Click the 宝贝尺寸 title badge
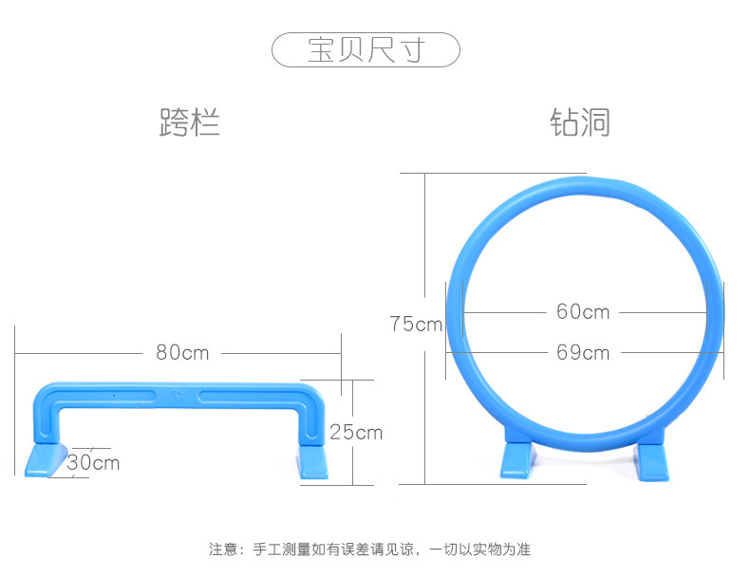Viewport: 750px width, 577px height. click(x=366, y=49)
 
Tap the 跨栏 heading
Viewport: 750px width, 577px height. click(x=189, y=123)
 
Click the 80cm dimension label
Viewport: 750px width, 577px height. click(x=182, y=352)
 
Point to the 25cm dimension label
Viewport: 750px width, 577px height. click(x=356, y=432)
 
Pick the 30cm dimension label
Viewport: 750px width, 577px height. click(x=93, y=463)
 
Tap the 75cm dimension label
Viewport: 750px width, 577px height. click(x=416, y=324)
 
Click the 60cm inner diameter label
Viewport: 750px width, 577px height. click(x=583, y=311)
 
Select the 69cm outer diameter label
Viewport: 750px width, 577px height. click(x=583, y=352)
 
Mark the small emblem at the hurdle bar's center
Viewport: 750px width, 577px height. click(x=178, y=391)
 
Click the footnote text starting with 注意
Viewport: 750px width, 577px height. click(x=369, y=549)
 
